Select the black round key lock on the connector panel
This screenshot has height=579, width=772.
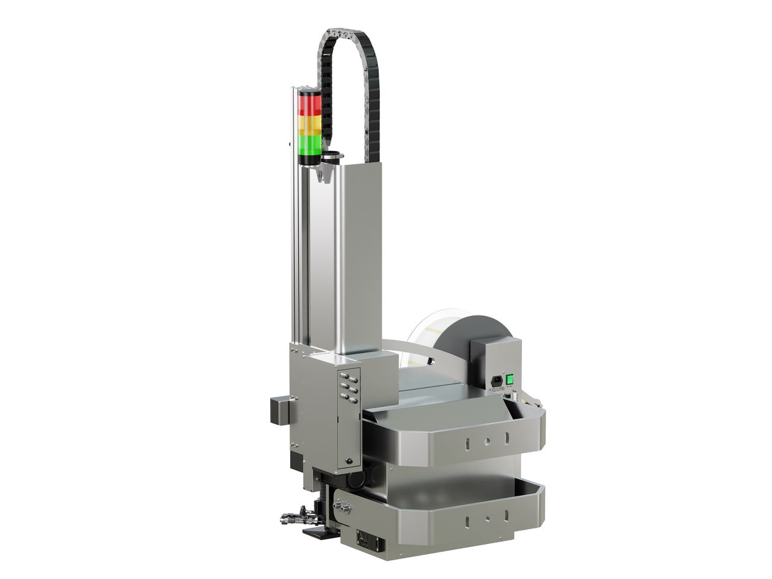pos(349,462)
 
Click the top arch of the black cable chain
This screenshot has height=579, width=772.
pos(346,30)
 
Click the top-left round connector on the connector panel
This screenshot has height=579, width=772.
pos(343,375)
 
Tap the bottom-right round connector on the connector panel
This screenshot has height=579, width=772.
pos(353,400)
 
